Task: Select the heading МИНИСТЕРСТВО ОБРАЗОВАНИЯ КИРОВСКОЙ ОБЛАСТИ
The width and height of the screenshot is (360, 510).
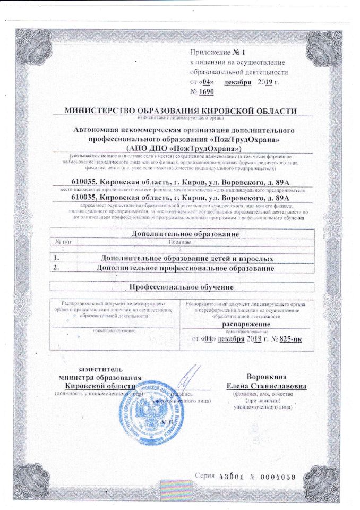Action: (180, 110)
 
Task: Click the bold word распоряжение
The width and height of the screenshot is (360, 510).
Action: (244, 324)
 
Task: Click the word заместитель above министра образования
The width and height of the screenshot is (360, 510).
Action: (102, 369)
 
